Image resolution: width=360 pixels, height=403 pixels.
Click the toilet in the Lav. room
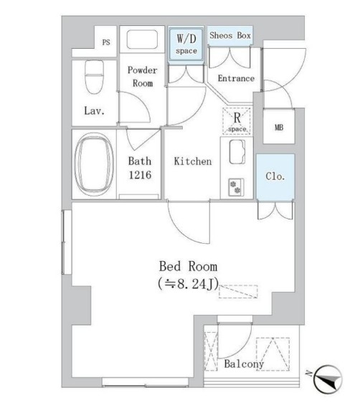coord(95,76)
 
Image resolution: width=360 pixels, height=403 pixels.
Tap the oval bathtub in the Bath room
coord(94,164)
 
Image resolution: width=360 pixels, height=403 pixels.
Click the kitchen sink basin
coord(237,152)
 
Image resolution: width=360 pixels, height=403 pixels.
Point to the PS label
coord(106,42)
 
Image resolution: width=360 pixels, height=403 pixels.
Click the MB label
coord(279,127)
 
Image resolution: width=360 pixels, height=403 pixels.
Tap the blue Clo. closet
coord(275,176)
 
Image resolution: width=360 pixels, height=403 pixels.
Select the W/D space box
coord(186,44)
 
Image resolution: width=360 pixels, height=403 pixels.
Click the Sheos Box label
coord(230,35)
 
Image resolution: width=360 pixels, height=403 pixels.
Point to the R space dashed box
coord(237,120)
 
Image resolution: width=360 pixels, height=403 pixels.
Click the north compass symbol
coord(328,379)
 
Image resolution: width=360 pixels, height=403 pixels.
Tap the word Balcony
coord(244,364)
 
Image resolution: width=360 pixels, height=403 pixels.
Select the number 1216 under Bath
coord(140,175)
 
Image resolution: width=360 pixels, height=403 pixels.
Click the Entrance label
coord(236,78)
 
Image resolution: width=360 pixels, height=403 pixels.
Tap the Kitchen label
coord(193,161)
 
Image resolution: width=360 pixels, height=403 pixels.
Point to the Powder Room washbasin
coord(142,39)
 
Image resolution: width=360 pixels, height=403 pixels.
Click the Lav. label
coord(95,110)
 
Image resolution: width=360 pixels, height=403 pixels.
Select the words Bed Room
coord(189,266)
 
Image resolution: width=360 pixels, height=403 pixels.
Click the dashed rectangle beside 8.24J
coord(238,291)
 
